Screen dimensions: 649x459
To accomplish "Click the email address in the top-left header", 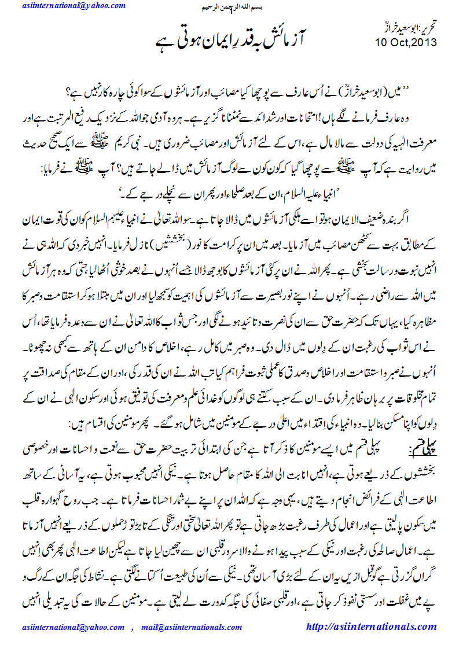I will pyautogui.click(x=72, y=6).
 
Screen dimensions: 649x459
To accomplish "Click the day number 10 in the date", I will pyautogui.click(x=381, y=42).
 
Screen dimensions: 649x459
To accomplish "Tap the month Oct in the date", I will pyautogui.click(x=399, y=42).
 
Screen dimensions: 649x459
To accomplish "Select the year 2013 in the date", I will pyautogui.click(x=424, y=42).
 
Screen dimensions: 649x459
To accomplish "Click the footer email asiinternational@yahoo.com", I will pyautogui.click(x=72, y=627).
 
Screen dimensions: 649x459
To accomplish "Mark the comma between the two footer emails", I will pyautogui.click(x=132, y=628).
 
